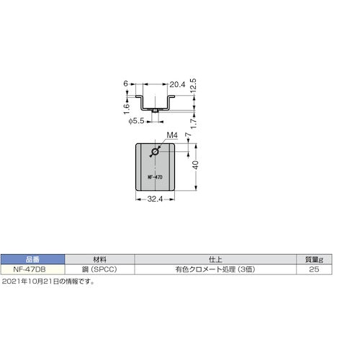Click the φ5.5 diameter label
(x=140, y=120)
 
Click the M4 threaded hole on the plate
(x=156, y=153)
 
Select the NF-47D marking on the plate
(x=156, y=176)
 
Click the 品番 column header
(x=32, y=258)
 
